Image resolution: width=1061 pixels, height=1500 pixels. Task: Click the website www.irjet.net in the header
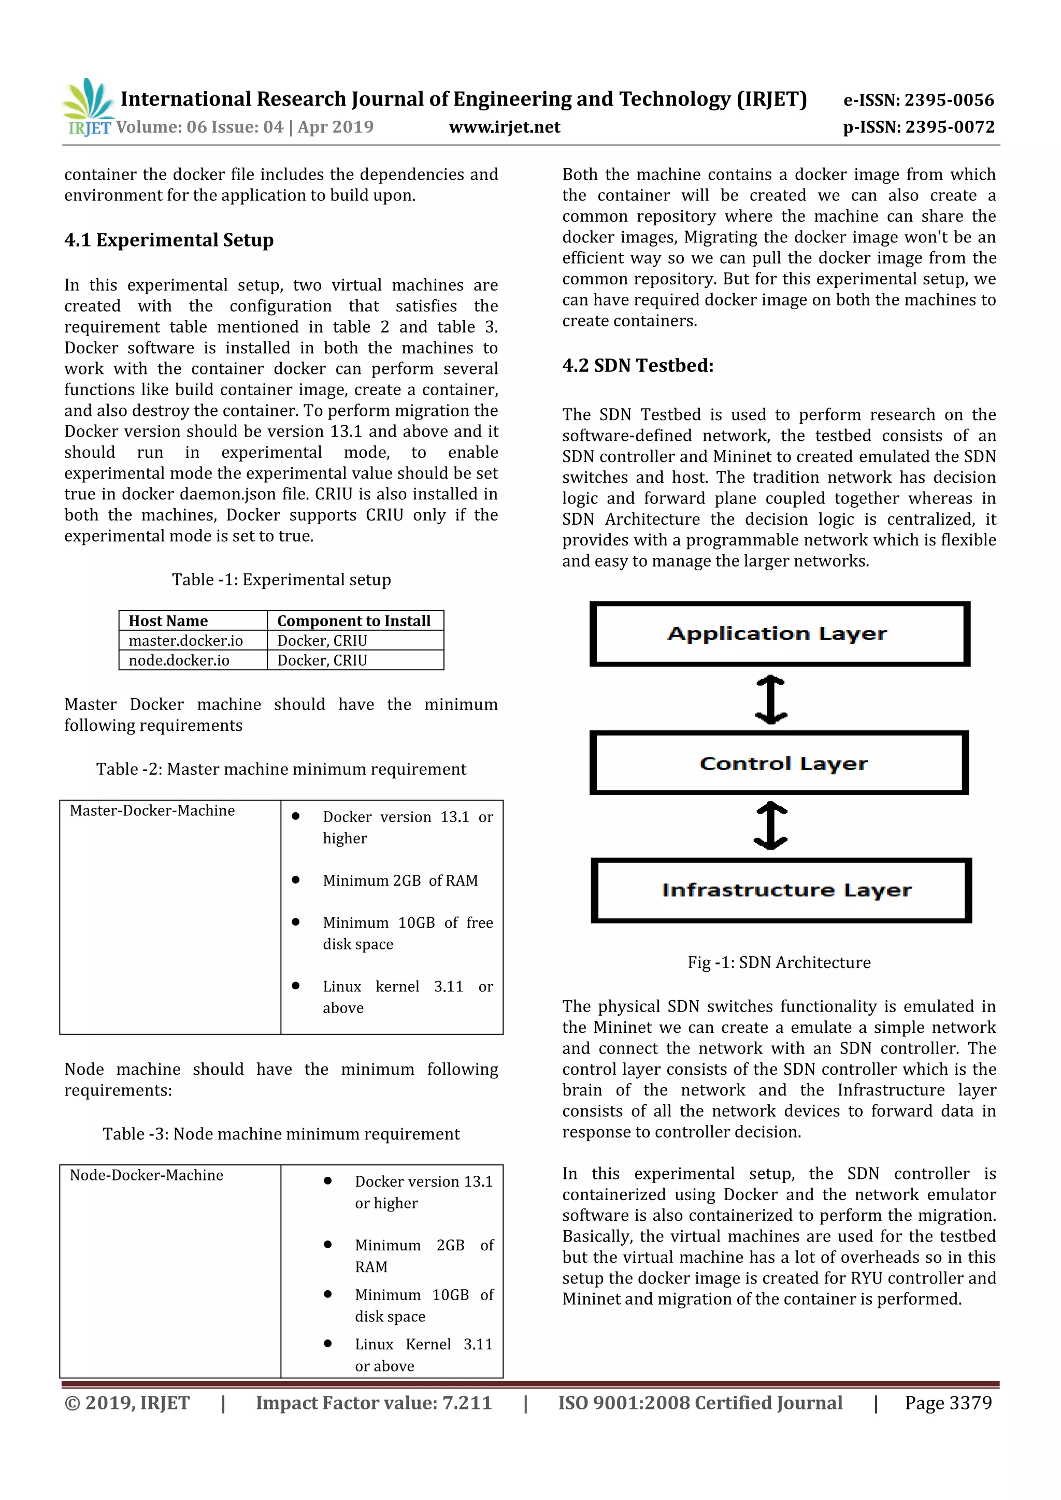[505, 127]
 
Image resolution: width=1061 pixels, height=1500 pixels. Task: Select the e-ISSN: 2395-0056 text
[918, 100]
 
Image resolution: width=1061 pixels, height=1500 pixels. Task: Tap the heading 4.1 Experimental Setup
[168, 240]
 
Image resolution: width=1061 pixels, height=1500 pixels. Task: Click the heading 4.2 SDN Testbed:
[638, 365]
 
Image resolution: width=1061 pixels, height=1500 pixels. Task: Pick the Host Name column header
[168, 621]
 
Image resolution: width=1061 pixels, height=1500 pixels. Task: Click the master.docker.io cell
[185, 640]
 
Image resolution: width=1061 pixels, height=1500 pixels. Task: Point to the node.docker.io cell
[179, 660]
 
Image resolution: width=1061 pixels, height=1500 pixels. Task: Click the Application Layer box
[779, 633]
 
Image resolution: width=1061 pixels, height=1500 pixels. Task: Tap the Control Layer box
[779, 762]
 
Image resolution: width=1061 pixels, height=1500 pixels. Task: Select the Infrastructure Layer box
[781, 890]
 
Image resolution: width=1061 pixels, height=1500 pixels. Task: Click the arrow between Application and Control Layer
[771, 699]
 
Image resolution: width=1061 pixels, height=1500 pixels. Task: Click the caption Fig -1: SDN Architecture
[779, 962]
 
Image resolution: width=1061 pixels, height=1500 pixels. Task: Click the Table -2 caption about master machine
[281, 769]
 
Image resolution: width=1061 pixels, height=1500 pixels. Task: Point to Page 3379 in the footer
[948, 1403]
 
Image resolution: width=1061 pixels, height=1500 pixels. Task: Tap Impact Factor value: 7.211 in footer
[374, 1403]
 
